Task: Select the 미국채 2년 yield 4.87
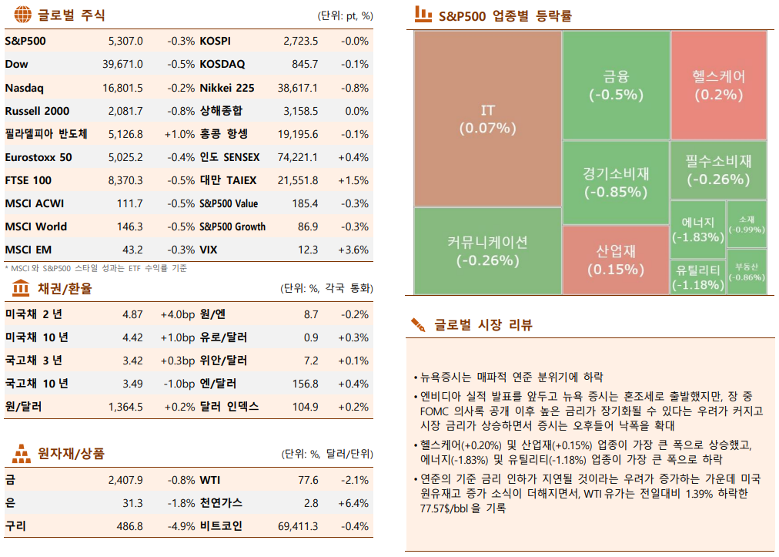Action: (x=132, y=314)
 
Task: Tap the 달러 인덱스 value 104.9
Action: (x=306, y=407)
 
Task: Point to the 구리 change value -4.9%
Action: (x=181, y=526)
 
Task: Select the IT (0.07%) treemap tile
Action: (x=487, y=119)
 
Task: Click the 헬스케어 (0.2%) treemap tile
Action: (x=718, y=85)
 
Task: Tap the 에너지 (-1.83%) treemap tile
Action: (x=697, y=230)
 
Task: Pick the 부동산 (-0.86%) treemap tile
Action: (x=746, y=272)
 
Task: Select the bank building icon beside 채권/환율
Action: (x=21, y=288)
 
